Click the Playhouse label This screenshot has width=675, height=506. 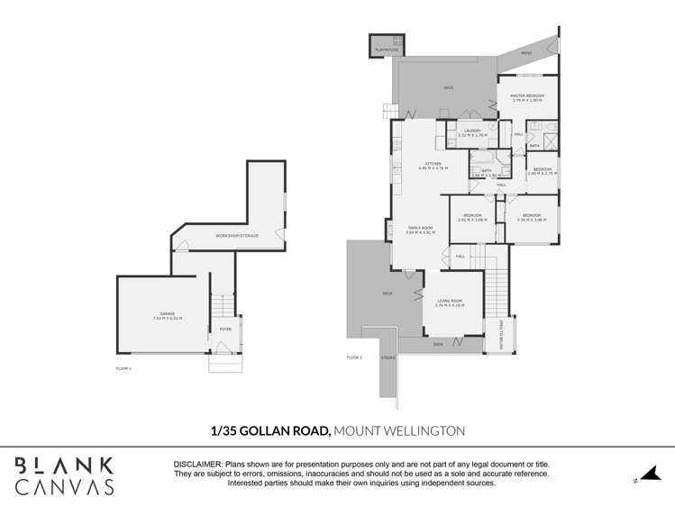pos(388,50)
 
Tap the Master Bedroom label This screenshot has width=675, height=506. pos(527,97)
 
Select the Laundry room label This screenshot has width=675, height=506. pos(471,132)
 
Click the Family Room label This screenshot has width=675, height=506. pos(420,230)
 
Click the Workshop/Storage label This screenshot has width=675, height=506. pos(236,236)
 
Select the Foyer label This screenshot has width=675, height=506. pos(224,330)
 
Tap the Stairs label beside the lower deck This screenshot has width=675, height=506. pos(388,357)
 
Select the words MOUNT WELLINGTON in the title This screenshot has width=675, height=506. pos(398,431)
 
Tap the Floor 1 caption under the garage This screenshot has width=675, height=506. pos(124,368)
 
